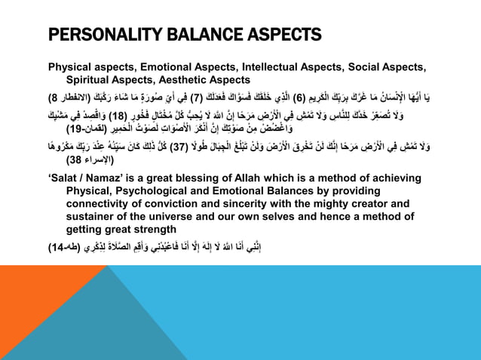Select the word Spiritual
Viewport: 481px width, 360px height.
tap(88, 78)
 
